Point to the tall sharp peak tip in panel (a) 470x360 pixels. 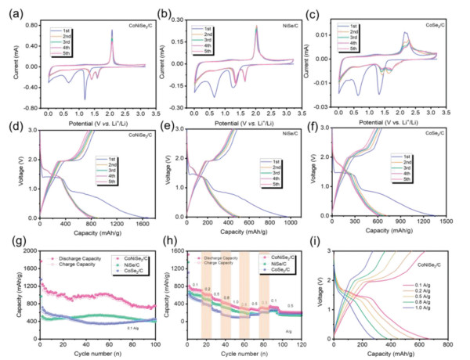click(x=112, y=30)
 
